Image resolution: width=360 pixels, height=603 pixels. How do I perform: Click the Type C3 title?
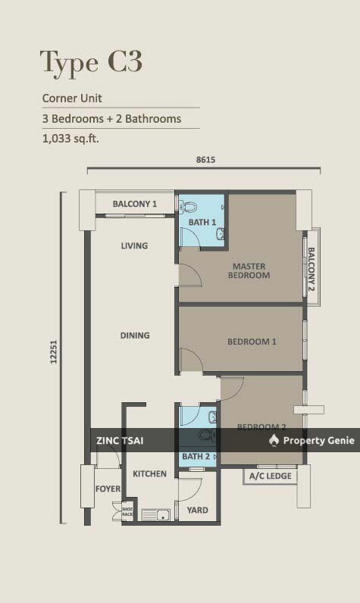(91, 62)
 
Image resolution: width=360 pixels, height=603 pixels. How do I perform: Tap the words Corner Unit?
(72, 98)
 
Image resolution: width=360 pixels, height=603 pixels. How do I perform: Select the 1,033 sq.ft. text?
(70, 139)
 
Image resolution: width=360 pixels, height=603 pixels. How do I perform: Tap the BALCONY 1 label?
(134, 204)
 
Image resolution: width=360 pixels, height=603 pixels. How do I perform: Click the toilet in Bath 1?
(189, 206)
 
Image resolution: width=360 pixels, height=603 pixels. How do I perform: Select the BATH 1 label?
(202, 222)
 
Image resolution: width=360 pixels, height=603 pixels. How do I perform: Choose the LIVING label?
(134, 245)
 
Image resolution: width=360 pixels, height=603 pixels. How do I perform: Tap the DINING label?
(134, 335)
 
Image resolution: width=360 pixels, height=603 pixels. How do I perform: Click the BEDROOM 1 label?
(252, 342)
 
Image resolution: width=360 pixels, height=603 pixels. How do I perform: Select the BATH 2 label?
(196, 457)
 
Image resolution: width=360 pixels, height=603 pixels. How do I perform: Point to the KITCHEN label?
(149, 473)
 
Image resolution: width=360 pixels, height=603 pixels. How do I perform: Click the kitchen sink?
(156, 515)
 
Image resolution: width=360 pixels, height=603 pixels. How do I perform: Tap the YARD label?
(197, 511)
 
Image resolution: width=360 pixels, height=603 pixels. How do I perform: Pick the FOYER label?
(108, 489)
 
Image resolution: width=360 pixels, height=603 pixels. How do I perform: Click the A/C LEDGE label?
(269, 476)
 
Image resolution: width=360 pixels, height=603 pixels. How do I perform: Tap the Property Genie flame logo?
(274, 441)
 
